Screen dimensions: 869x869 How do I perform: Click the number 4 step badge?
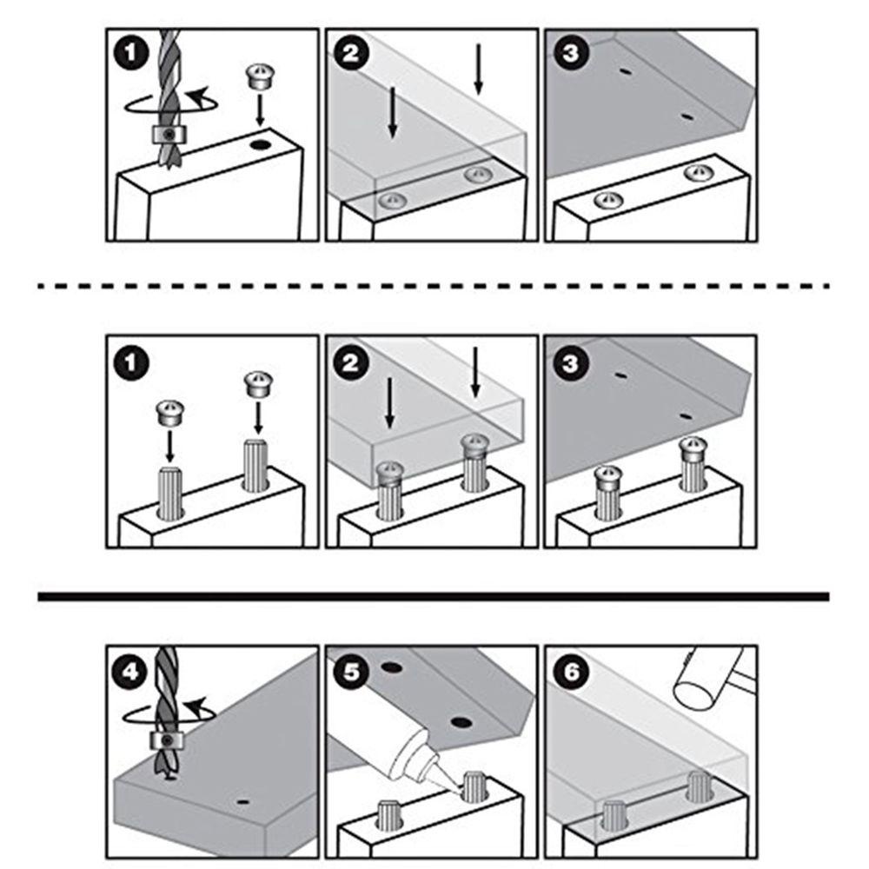tap(130, 672)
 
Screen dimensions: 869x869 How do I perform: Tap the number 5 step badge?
tap(351, 672)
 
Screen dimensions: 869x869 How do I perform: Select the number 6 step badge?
tap(571, 672)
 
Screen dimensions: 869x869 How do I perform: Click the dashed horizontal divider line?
tap(434, 286)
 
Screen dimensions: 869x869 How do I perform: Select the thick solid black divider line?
tap(434, 596)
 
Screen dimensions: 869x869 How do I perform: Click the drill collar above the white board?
tap(169, 134)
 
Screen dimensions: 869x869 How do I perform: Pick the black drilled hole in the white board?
tap(259, 145)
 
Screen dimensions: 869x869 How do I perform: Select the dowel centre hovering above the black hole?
tap(258, 77)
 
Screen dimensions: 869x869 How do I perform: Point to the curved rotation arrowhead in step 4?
tap(196, 707)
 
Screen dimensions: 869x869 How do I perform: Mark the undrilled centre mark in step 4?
tap(242, 801)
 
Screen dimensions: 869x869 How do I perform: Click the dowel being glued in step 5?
tap(474, 787)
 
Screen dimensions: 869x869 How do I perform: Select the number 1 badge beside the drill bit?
tap(131, 53)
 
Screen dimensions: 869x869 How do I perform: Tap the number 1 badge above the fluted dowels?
tap(131, 363)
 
